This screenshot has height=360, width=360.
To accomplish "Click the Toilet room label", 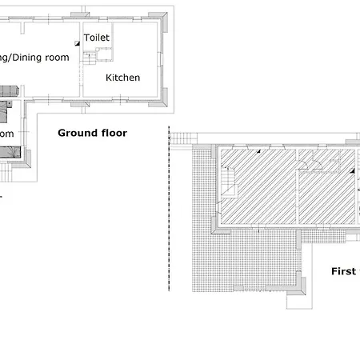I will click(97, 38).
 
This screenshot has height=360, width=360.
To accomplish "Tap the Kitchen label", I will click(123, 78).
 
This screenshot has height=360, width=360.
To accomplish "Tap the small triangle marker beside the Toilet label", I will click(77, 42).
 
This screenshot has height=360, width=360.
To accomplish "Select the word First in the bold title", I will click(343, 271).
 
